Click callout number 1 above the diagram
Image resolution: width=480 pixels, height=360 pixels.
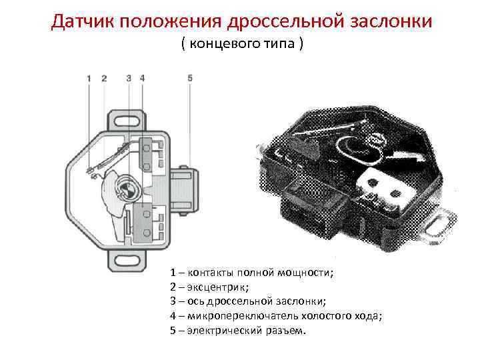tap(89, 78)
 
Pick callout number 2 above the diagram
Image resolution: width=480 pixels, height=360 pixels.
tap(104, 78)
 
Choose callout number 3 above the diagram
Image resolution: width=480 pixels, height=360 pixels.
tap(129, 78)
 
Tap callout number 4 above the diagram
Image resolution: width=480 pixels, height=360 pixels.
tap(142, 78)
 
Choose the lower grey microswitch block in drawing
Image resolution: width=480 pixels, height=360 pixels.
tap(143, 223)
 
